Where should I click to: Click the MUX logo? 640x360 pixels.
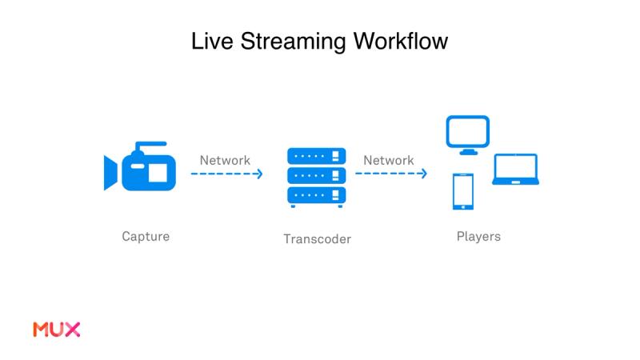pos(56,329)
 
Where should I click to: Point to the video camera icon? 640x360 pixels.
pos(140,170)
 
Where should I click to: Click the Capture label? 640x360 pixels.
pos(146,237)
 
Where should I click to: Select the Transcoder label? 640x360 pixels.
pos(317,239)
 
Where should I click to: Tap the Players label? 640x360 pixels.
pos(478,237)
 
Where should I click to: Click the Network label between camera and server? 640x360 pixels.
pos(225,160)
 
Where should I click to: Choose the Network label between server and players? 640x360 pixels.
pos(389,160)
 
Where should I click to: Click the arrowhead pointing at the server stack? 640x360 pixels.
pos(259,174)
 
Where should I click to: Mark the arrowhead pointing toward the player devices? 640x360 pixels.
pos(423,174)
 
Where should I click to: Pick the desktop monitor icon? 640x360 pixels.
pos(468,135)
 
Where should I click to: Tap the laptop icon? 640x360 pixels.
pos(515,170)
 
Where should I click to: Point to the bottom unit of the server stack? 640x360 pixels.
pos(316,194)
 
